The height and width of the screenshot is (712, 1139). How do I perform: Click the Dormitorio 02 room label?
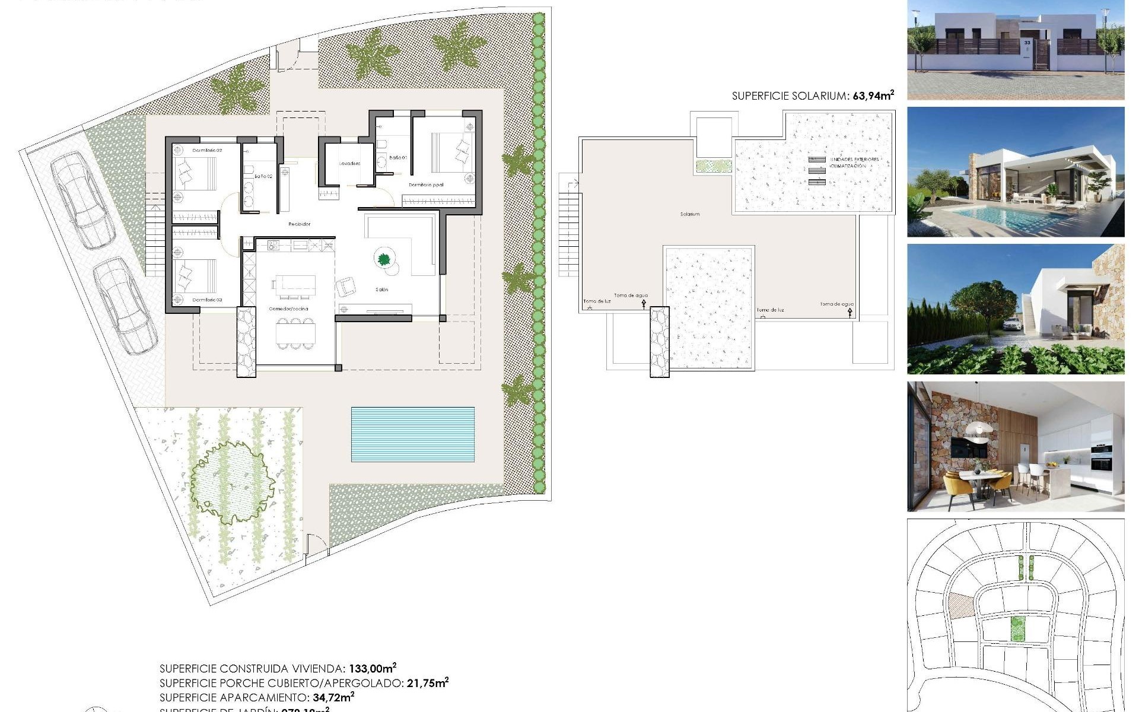click(207, 151)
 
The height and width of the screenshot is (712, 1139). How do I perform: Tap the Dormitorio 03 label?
click(207, 300)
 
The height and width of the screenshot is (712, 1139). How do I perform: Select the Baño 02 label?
click(263, 176)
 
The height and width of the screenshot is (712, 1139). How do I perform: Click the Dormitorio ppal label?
click(426, 185)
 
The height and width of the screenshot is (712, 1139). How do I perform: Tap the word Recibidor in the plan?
click(299, 224)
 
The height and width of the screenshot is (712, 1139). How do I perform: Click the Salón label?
click(381, 290)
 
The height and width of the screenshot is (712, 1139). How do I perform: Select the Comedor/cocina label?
click(288, 309)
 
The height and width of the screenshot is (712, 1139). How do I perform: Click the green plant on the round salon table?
click(384, 259)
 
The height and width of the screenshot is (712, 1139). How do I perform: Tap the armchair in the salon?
click(346, 287)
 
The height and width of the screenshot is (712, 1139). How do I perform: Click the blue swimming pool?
click(413, 434)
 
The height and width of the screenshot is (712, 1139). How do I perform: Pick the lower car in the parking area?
click(126, 306)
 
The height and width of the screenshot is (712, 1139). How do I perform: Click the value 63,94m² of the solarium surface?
click(873, 96)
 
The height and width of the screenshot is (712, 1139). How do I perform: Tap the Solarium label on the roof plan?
click(690, 214)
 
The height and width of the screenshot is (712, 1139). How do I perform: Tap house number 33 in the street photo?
click(1027, 43)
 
